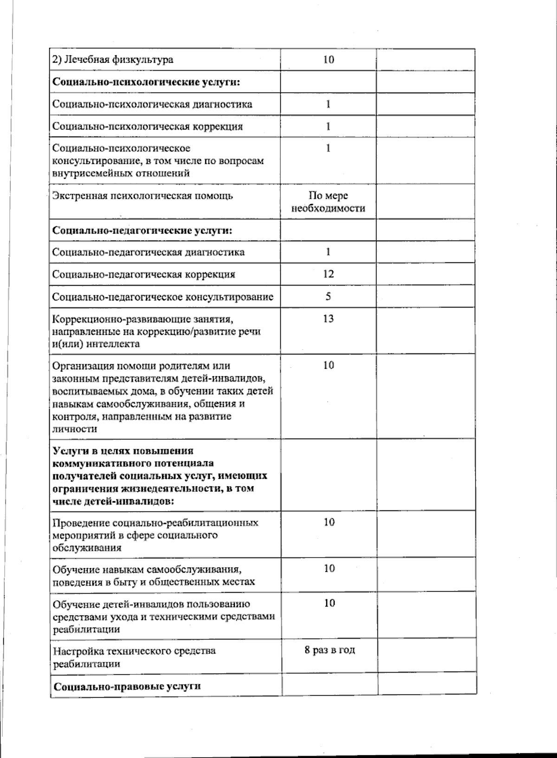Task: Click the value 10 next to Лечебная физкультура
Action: pos(329,59)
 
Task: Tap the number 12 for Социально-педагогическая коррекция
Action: pos(328,274)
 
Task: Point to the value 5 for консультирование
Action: pos(328,296)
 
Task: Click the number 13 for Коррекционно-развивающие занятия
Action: pos(328,319)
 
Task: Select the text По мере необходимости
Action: pos(328,202)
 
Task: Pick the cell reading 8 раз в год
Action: pos(330,650)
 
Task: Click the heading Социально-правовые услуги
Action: pos(127,686)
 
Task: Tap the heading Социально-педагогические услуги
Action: pos(142,230)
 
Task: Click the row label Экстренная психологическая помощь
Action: pos(142,196)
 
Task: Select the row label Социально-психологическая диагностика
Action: pos(152,104)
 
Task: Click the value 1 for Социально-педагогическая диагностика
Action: pos(328,252)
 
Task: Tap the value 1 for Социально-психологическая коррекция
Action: pos(328,126)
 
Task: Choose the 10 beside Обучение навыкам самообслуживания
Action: pos(329,568)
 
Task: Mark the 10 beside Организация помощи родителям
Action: pos(328,366)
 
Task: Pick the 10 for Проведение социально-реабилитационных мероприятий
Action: pos(329,522)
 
